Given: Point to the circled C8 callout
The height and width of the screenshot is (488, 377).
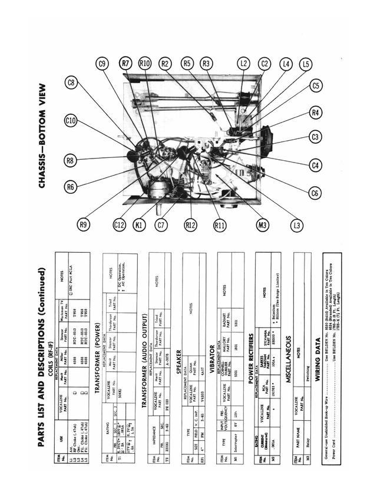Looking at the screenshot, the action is point(71,83).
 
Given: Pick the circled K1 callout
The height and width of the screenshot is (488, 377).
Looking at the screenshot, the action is point(140,224).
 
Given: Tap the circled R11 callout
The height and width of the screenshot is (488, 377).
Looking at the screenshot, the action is point(220,224).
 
